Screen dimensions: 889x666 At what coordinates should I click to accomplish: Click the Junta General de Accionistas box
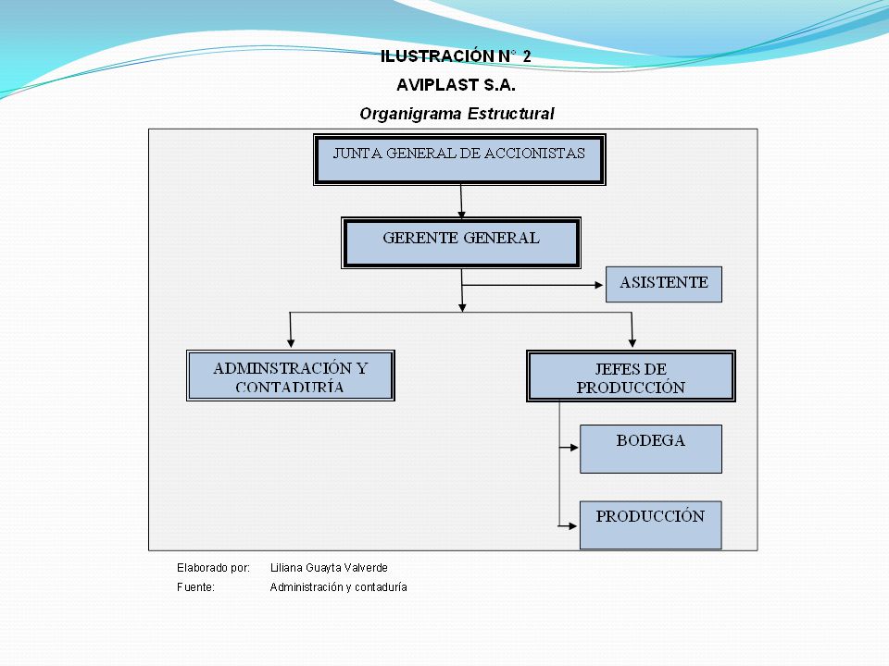pyautogui.click(x=459, y=160)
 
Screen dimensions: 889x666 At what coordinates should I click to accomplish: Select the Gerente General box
pyautogui.click(x=461, y=243)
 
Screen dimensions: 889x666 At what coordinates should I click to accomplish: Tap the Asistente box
pyautogui.click(x=664, y=284)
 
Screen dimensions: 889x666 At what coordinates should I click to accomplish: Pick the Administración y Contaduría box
pyautogui.click(x=290, y=376)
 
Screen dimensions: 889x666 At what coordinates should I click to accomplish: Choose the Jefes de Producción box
pyautogui.click(x=631, y=376)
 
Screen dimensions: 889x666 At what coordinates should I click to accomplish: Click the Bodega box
pyautogui.click(x=651, y=450)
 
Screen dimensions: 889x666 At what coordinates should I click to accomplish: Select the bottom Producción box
pyautogui.click(x=651, y=525)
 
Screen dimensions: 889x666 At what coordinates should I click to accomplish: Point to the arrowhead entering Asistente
pyautogui.click(x=599, y=285)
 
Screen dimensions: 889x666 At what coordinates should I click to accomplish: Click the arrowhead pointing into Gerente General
pyautogui.click(x=461, y=215)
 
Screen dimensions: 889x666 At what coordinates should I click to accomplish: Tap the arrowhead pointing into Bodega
pyautogui.click(x=574, y=448)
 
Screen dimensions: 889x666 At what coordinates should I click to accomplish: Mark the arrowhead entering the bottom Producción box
pyautogui.click(x=572, y=526)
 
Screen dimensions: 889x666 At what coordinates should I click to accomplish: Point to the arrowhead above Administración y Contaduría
pyautogui.click(x=291, y=343)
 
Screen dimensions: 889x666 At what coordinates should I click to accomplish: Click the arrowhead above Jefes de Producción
pyautogui.click(x=632, y=343)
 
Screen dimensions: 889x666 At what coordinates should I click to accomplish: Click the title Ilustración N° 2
pyautogui.click(x=456, y=56)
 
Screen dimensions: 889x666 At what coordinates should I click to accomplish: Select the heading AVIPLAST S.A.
pyautogui.click(x=456, y=85)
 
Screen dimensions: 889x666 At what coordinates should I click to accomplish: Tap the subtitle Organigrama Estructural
pyautogui.click(x=457, y=114)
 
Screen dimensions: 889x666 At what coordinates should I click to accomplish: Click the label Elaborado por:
pyautogui.click(x=213, y=568)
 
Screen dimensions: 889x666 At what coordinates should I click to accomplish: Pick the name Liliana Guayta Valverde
pyautogui.click(x=329, y=568)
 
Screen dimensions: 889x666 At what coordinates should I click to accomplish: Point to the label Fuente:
pyautogui.click(x=195, y=587)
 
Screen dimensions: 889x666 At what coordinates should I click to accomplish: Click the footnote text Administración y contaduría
pyautogui.click(x=339, y=587)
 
